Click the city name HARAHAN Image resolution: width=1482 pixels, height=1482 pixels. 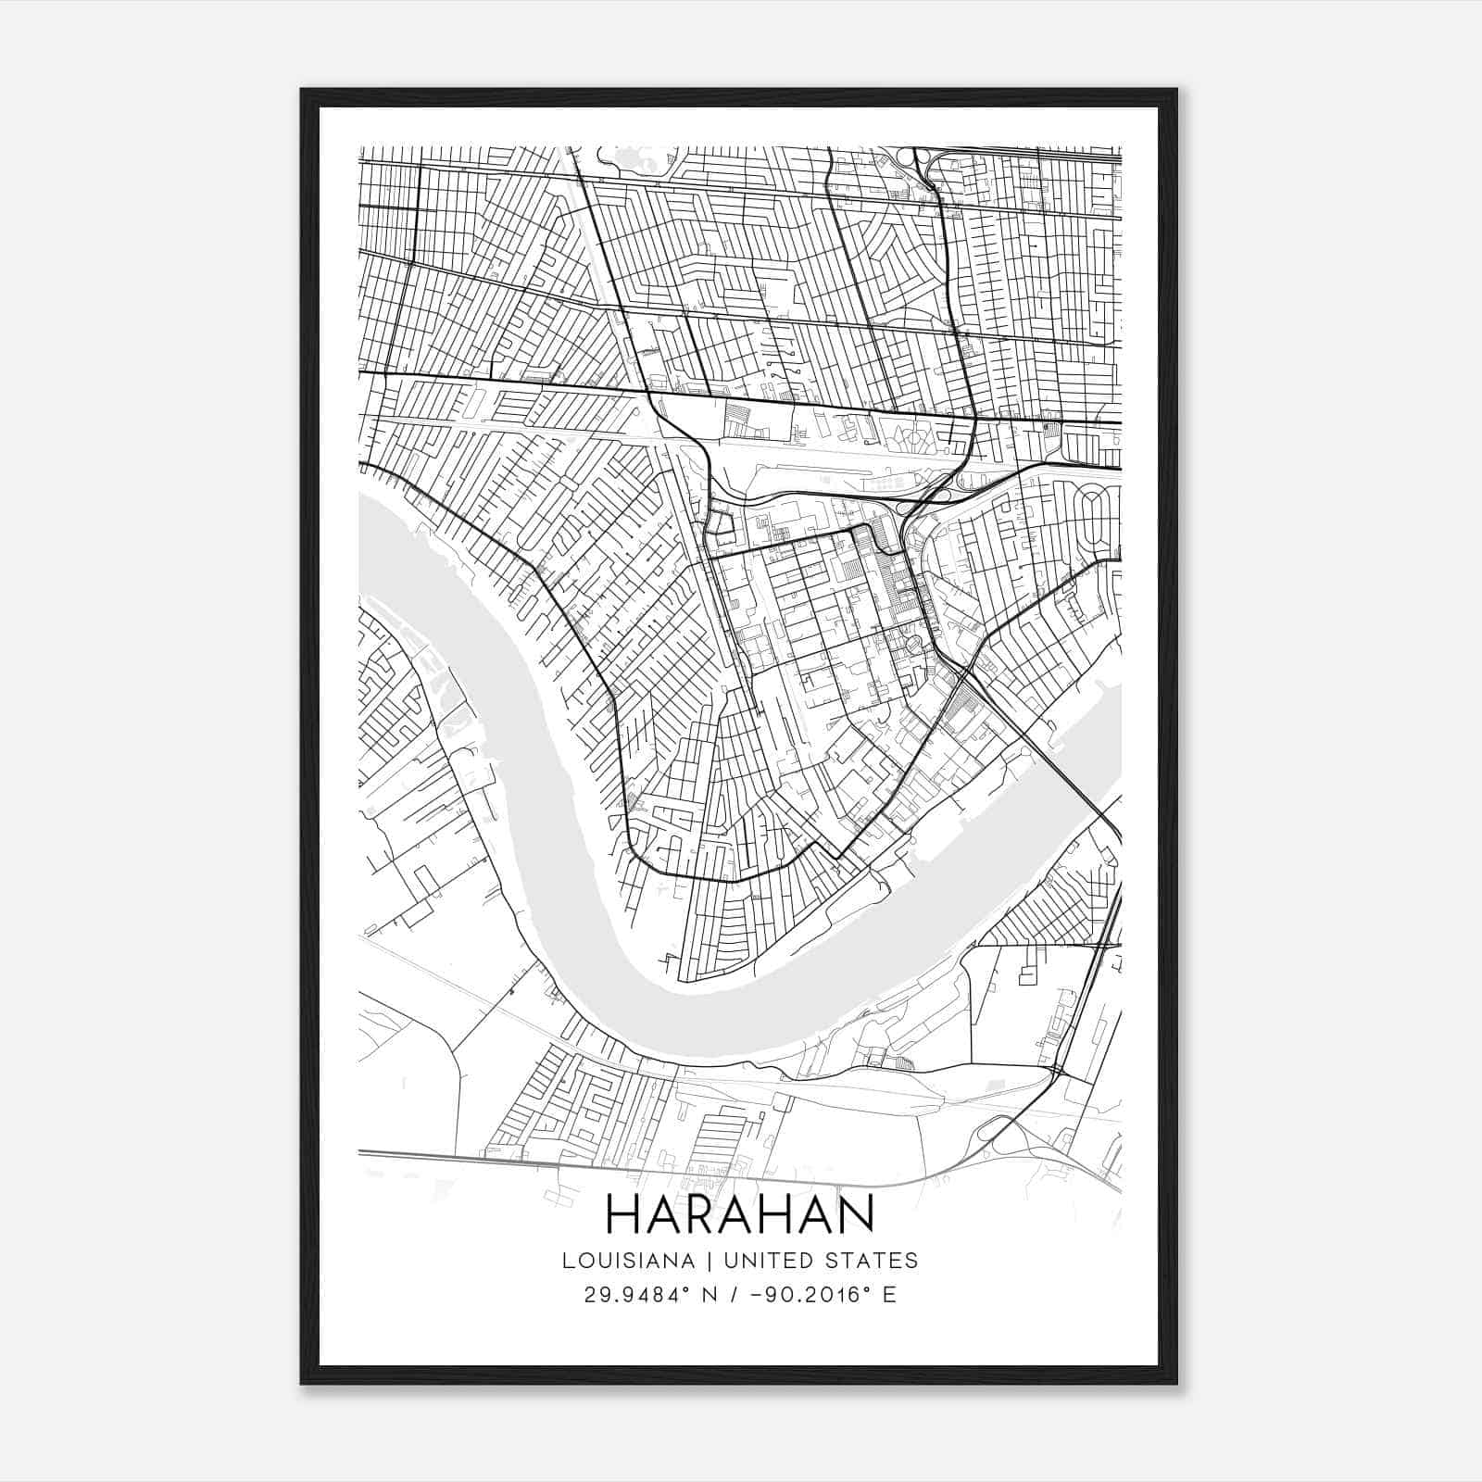pyautogui.click(x=740, y=1213)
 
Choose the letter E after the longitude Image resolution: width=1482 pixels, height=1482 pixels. pyautogui.click(x=889, y=1295)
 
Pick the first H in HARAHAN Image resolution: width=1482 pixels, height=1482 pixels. pyautogui.click(x=622, y=1213)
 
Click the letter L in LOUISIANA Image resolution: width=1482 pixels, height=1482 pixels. pyautogui.click(x=565, y=1261)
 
